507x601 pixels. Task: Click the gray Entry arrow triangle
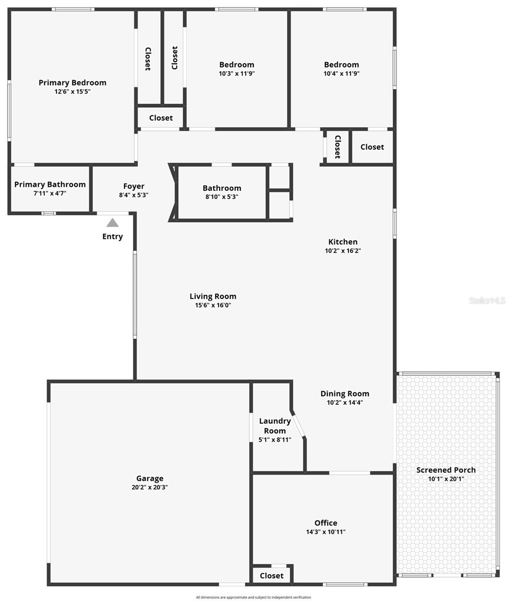113,223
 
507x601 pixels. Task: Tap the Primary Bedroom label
73,83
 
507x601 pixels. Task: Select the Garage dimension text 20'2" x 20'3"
150,487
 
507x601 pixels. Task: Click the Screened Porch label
446,470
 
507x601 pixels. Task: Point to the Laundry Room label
275,426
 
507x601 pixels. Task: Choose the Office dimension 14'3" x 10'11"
326,532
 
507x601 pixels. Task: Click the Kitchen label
343,242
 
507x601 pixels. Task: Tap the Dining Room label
345,394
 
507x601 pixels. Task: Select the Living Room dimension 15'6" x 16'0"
213,305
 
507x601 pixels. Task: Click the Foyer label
134,186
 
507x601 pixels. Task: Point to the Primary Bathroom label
50,184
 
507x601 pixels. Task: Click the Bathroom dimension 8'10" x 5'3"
222,197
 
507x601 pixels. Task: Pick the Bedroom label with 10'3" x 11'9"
237,65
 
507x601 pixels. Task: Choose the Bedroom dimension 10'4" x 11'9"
341,73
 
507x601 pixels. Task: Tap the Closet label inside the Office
272,575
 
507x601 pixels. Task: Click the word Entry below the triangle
113,236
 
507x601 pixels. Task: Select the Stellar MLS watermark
487,300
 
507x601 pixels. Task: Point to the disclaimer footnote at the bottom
253,597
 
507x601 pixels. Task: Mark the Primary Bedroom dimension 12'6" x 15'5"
73,92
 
